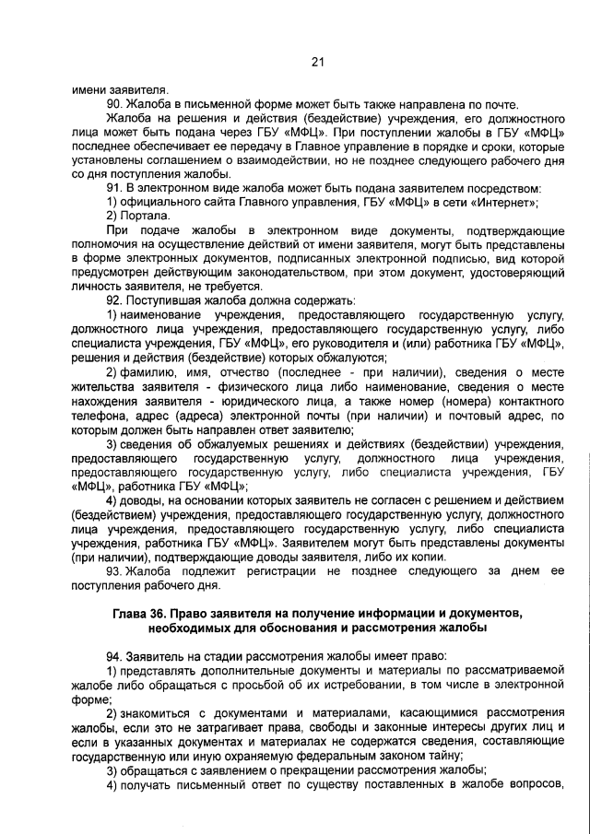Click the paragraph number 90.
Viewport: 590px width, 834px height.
click(x=114, y=104)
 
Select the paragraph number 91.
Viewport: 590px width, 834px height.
click(x=114, y=187)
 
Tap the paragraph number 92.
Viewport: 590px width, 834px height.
click(x=114, y=300)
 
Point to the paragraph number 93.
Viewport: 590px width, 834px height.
click(x=114, y=571)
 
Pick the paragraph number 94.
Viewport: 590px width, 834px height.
click(x=114, y=654)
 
